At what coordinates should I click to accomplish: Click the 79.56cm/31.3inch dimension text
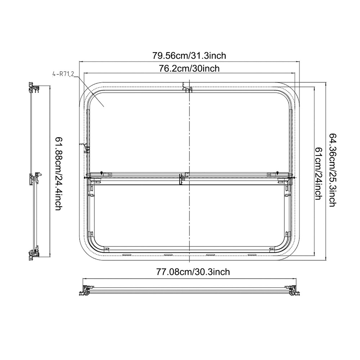click(x=189, y=56)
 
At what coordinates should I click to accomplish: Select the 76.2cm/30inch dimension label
click(x=189, y=68)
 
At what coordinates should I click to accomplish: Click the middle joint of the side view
click(x=36, y=177)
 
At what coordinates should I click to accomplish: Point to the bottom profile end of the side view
click(x=33, y=254)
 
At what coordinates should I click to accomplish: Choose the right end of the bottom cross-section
click(x=292, y=290)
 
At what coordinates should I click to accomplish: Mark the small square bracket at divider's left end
click(x=110, y=175)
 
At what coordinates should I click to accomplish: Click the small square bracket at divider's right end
click(x=269, y=175)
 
